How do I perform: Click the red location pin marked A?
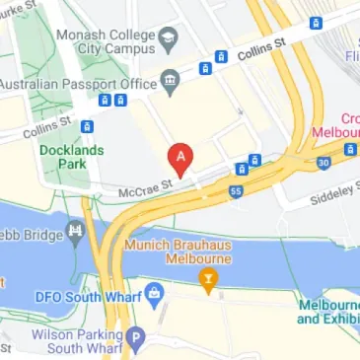(x=180, y=156)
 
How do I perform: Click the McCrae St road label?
(x=147, y=184)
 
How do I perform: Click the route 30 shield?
(x=324, y=162)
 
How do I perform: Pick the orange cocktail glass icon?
(x=207, y=280)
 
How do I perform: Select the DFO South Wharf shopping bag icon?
(x=153, y=294)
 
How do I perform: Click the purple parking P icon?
(x=137, y=338)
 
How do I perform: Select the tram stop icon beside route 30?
(x=350, y=150)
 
